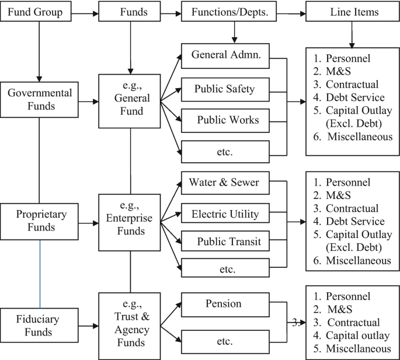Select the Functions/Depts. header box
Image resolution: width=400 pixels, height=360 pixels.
(x=234, y=11)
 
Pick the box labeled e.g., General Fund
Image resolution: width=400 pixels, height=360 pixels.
(x=130, y=100)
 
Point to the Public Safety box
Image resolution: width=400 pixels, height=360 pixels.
(x=226, y=89)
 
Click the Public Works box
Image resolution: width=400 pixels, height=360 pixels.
(x=226, y=120)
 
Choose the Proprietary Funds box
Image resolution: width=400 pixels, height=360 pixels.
(x=40, y=221)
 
